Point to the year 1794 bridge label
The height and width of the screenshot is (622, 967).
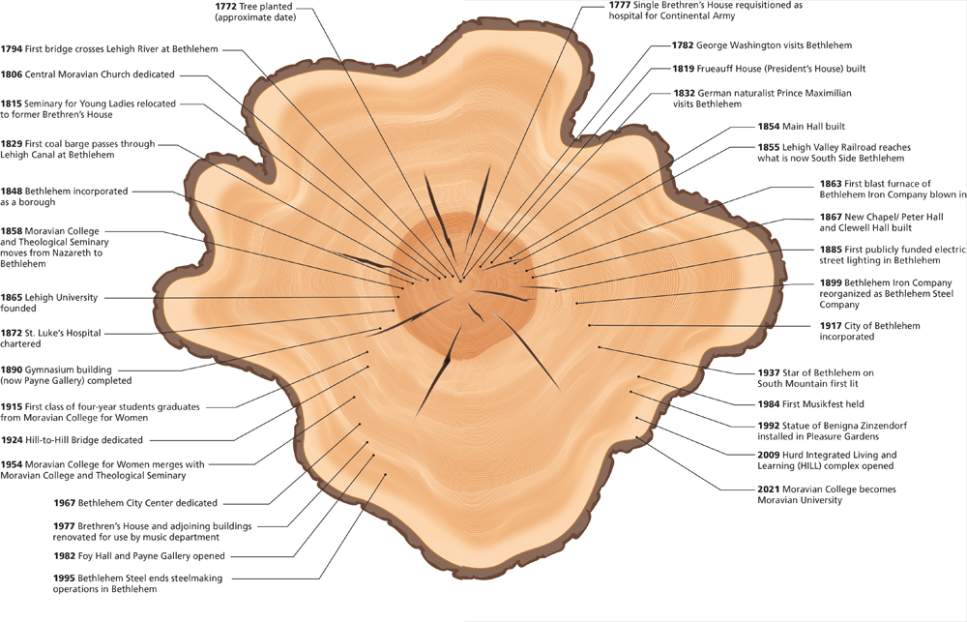pyautogui.click(x=12, y=48)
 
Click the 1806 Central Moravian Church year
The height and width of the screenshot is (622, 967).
pyautogui.click(x=12, y=74)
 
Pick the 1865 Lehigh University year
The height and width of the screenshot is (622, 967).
pyautogui.click(x=12, y=298)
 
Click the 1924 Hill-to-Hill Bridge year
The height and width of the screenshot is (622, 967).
pyautogui.click(x=12, y=438)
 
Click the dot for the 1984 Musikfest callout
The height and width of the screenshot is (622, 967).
pyautogui.click(x=638, y=376)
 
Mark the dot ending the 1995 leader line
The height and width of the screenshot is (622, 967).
pyautogui.click(x=385, y=474)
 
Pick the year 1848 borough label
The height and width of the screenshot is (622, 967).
pyautogui.click(x=12, y=192)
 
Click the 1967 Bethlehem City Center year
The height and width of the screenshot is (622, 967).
pyautogui.click(x=67, y=503)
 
